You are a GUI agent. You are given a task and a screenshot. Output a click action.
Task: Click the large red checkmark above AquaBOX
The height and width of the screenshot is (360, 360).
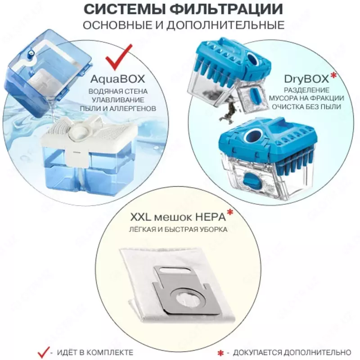[118, 58]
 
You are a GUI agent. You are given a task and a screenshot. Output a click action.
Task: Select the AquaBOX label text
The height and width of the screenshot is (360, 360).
[117, 79]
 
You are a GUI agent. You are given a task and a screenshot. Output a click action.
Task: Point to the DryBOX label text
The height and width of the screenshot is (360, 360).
[306, 79]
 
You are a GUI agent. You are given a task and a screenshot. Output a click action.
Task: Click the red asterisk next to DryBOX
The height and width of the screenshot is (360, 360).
[333, 76]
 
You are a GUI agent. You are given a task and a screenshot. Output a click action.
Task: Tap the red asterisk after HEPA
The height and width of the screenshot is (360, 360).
[230, 213]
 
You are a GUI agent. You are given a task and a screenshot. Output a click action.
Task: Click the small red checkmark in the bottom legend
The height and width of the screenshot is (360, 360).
[43, 350]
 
